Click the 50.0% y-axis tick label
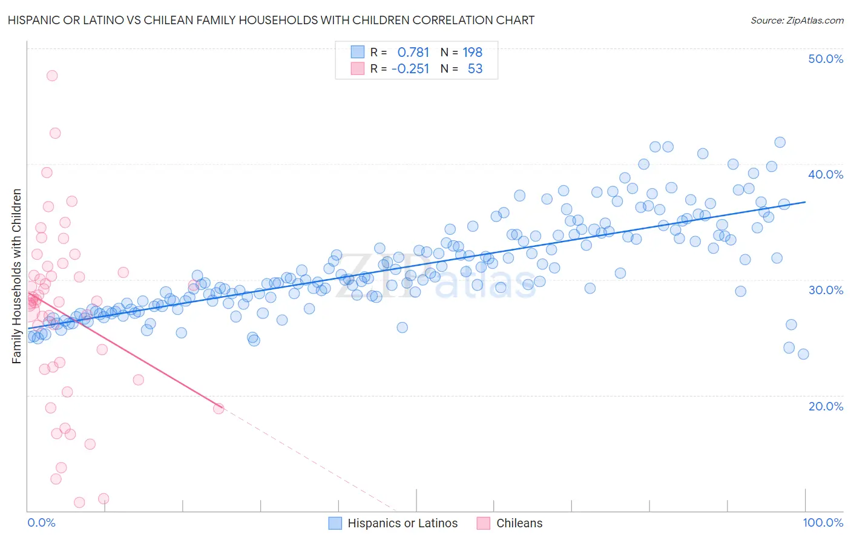[825, 59]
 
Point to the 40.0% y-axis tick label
[825, 174]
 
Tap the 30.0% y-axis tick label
[825, 290]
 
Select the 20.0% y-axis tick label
[825, 406]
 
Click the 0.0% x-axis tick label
[41, 522]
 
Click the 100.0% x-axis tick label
[823, 522]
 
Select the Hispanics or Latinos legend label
[402, 523]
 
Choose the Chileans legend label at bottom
[519, 523]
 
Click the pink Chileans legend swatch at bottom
[483, 523]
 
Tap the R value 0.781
[413, 52]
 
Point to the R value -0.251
[410, 68]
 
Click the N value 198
[473, 52]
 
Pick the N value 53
[475, 68]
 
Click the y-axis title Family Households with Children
[17, 276]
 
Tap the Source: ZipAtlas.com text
[797, 20]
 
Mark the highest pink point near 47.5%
[52, 76]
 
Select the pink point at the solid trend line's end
[218, 409]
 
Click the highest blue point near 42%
[780, 142]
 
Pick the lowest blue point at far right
[803, 354]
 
